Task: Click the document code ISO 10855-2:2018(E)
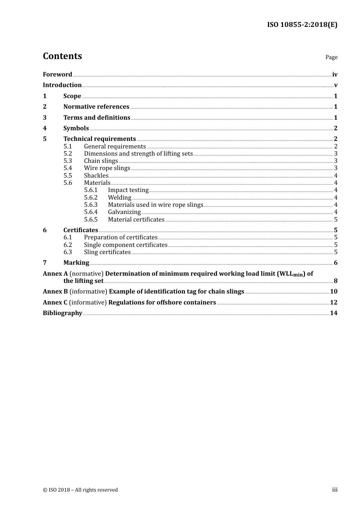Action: [302, 25]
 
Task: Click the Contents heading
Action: [62, 56]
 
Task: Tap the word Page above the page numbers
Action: [331, 57]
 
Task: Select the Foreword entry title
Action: [57, 74]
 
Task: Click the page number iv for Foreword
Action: [335, 75]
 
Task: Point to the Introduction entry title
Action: [62, 85]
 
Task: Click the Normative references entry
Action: [96, 106]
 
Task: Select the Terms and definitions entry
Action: [97, 117]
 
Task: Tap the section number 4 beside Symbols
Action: [45, 128]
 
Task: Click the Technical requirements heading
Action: [99, 139]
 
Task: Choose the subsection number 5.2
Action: [67, 153]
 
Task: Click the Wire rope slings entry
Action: [107, 168]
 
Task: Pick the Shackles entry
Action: [96, 175]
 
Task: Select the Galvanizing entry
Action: [124, 212]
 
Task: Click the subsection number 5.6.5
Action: [91, 219]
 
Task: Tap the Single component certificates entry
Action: [125, 245]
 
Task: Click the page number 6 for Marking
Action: [335, 263]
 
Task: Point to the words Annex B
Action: [55, 291]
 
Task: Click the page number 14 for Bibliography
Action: [333, 313]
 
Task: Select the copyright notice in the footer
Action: [80, 490]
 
